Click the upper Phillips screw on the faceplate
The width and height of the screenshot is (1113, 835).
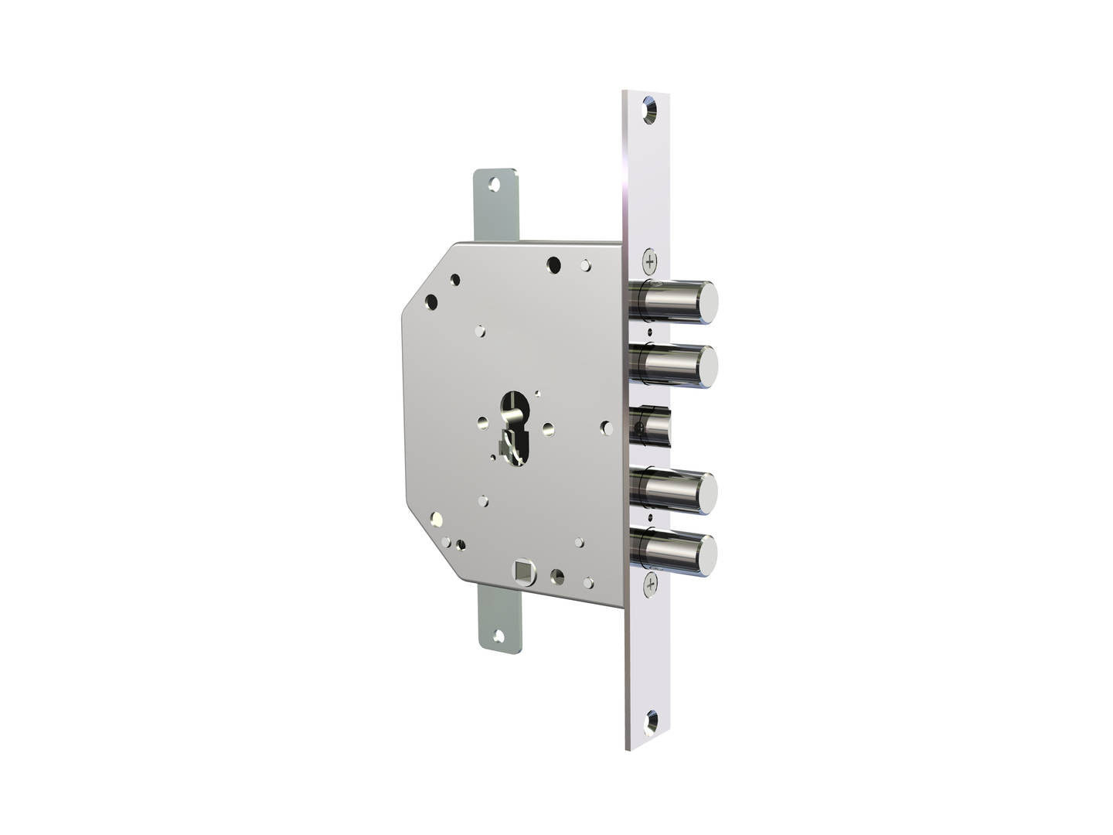point(649,261)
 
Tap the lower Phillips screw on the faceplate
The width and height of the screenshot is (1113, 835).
point(651,584)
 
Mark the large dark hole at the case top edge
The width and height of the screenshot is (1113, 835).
point(553,264)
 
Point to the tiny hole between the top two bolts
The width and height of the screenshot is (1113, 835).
point(650,332)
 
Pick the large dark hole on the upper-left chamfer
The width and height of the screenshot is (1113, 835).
point(431,302)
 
